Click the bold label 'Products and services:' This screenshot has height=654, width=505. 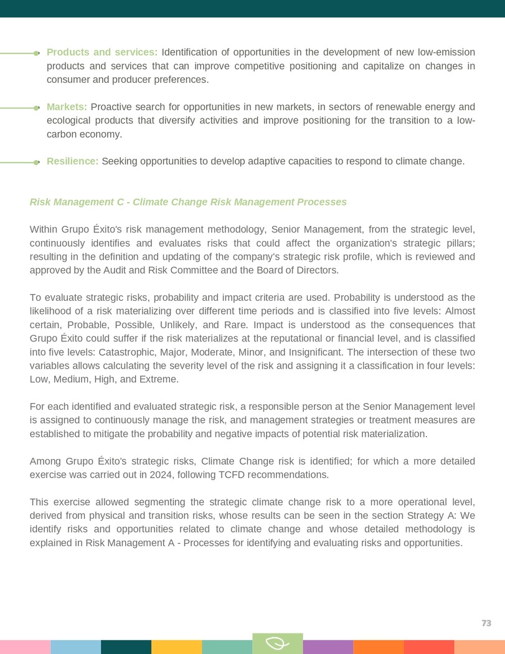(x=102, y=52)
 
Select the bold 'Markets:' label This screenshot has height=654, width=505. (x=67, y=107)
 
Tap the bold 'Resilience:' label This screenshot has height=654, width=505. (x=72, y=162)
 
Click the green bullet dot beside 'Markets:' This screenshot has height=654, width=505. (x=37, y=108)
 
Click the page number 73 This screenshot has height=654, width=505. (x=486, y=623)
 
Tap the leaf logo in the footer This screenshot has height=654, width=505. (x=277, y=643)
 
